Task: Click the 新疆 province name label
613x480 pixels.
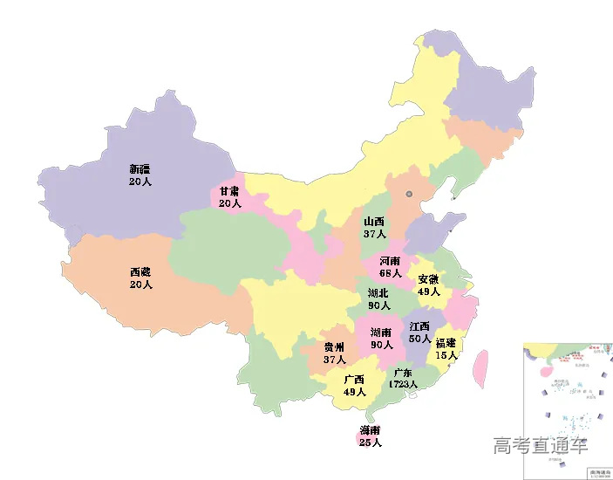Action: (x=140, y=169)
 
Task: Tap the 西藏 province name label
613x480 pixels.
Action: (x=140, y=272)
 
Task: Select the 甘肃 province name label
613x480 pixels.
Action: (x=229, y=191)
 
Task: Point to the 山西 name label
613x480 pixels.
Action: (x=375, y=223)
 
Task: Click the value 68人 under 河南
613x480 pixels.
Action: (x=391, y=273)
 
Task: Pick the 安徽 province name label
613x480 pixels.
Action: (x=429, y=279)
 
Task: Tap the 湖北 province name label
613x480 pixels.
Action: (x=378, y=293)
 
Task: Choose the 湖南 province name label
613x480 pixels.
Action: (x=381, y=333)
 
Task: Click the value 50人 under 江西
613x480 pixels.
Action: (x=419, y=339)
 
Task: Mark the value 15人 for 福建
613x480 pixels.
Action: (x=446, y=355)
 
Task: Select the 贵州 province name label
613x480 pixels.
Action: (x=334, y=347)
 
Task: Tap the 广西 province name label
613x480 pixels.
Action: (x=354, y=380)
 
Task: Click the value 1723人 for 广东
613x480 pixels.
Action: (x=404, y=384)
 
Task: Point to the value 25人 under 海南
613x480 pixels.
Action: (x=370, y=443)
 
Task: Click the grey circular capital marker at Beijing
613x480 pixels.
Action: (x=410, y=194)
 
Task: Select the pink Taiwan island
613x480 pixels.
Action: (x=479, y=368)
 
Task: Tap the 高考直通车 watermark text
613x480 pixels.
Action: (x=540, y=446)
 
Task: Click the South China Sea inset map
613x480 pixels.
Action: (x=567, y=410)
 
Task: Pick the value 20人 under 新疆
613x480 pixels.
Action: (x=140, y=182)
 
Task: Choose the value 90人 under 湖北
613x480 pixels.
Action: (x=378, y=305)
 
